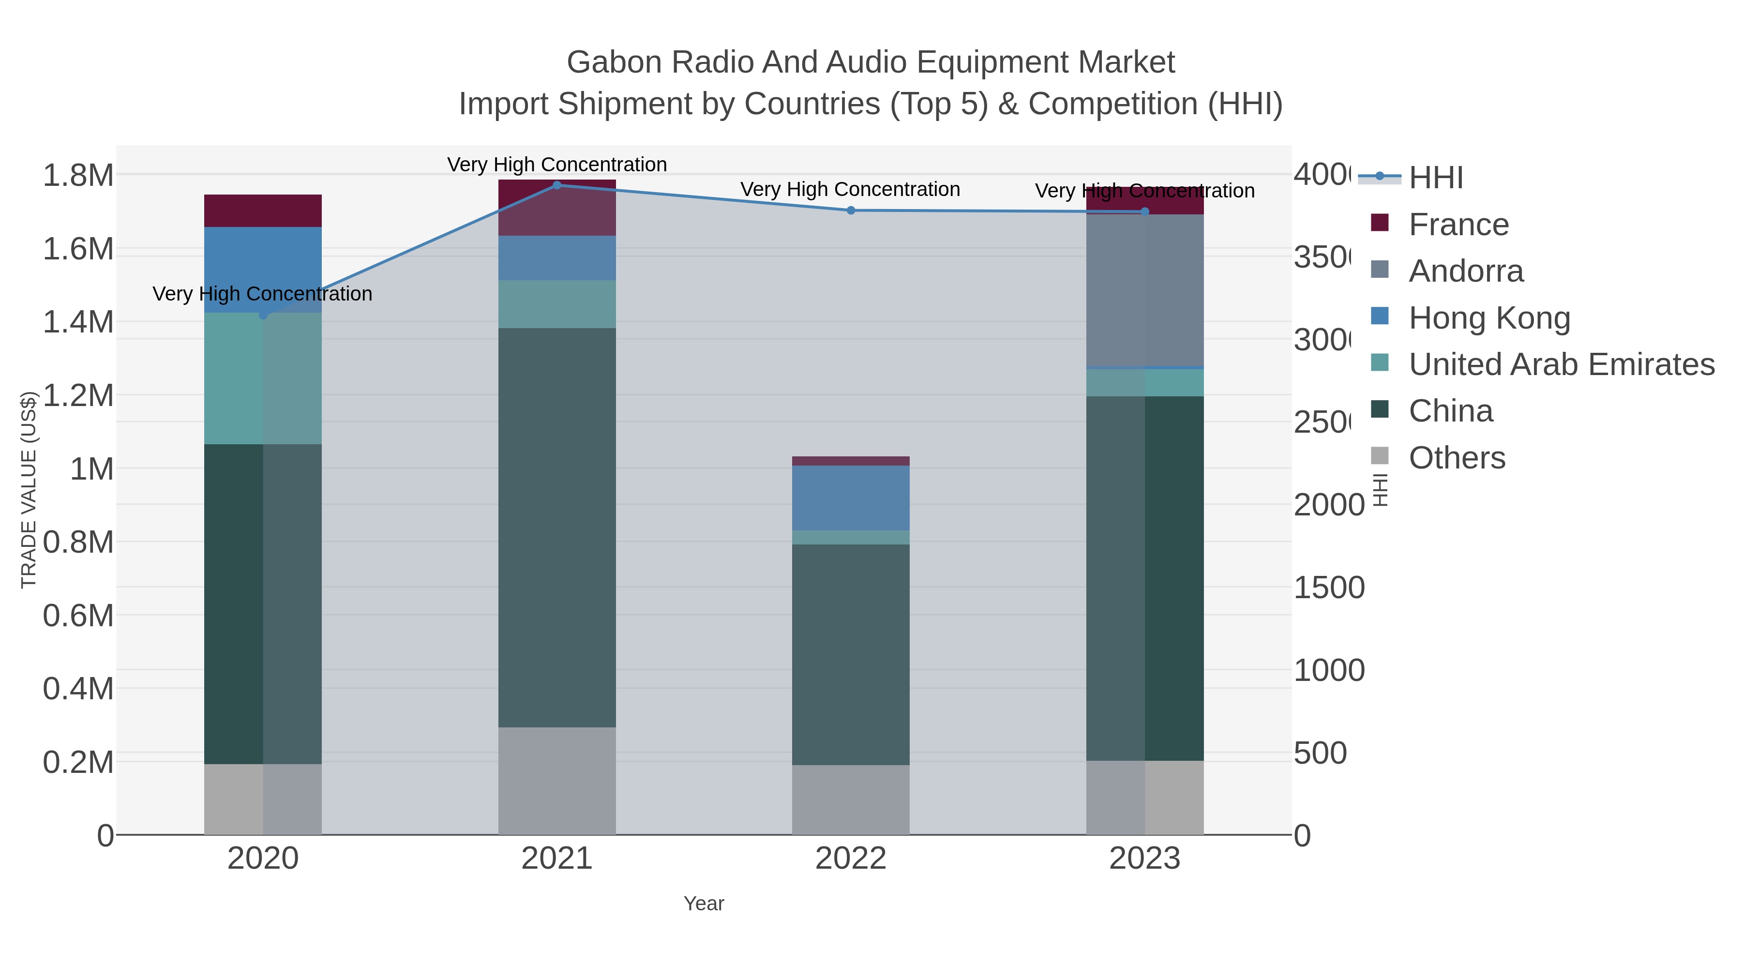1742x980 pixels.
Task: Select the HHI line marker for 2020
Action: pos(263,315)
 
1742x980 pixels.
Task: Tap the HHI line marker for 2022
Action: pos(851,211)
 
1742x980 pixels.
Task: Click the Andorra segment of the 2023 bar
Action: pos(1144,290)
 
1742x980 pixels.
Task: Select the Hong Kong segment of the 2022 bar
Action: pos(851,498)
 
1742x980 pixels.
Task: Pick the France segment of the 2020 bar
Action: pos(263,211)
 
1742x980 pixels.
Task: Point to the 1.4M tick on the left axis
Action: pos(78,322)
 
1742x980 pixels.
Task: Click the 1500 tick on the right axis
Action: pos(1329,588)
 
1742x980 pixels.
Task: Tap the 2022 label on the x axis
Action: pos(851,859)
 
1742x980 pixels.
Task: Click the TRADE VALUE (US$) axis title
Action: pos(29,490)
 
